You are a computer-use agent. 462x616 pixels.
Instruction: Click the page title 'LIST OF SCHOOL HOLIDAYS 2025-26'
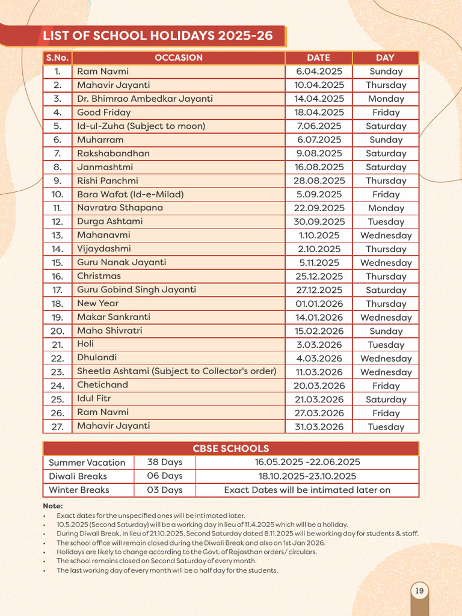coord(158,36)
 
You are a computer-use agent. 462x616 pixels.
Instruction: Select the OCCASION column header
coord(179,58)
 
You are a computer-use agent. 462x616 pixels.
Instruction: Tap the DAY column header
coord(385,58)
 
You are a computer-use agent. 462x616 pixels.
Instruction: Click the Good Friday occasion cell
coord(104,112)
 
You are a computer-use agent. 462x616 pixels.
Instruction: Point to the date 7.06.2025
coord(318,126)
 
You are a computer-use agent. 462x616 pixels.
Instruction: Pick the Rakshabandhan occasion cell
coord(113,153)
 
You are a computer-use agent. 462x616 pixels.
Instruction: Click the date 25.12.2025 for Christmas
coord(318,277)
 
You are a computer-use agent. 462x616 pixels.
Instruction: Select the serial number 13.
coord(57,235)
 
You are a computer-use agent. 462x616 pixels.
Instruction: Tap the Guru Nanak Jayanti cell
coord(122,262)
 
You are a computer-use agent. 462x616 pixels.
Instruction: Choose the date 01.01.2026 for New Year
coord(318,304)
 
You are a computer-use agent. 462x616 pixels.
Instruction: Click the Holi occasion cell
coord(85,344)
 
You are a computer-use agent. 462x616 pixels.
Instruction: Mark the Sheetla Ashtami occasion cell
coord(176,371)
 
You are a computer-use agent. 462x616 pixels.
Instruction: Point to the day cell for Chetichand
coord(386,386)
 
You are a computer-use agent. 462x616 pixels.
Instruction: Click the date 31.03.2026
coord(318,427)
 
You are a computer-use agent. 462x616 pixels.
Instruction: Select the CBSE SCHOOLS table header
coord(231,448)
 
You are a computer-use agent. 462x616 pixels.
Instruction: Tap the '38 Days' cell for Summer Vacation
coord(164,462)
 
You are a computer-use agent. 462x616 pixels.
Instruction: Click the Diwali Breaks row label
coord(78,476)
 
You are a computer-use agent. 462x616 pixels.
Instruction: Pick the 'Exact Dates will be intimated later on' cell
coord(307,490)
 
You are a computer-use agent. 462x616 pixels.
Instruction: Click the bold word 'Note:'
coord(53,506)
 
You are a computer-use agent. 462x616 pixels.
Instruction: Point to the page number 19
coord(420,591)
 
